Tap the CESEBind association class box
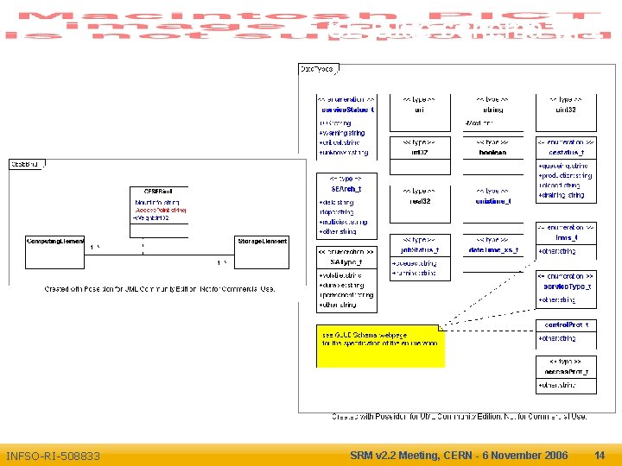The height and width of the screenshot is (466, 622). tap(159, 205)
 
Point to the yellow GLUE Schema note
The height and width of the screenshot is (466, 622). tap(380, 345)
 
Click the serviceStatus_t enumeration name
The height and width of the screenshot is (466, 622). tap(346, 110)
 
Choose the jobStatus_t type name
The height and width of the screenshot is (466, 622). tap(420, 249)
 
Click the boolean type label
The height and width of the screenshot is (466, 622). tap(492, 153)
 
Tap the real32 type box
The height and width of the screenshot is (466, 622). tap(420, 197)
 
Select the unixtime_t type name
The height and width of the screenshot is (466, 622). tap(493, 201)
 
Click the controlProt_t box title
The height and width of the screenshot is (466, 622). tap(567, 324)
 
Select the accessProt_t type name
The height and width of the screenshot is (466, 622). tap(567, 371)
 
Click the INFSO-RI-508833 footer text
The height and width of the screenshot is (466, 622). tap(53, 456)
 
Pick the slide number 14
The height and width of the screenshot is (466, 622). tap(600, 455)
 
